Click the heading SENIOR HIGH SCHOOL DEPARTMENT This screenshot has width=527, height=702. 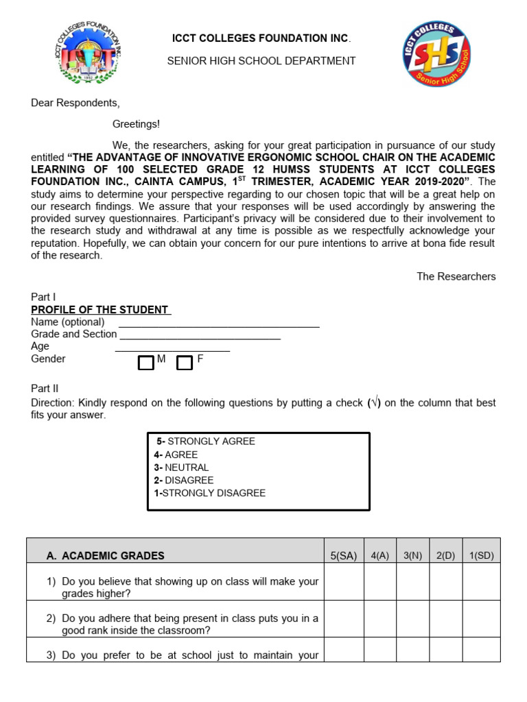261,61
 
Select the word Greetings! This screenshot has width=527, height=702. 136,124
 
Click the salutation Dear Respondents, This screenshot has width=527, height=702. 75,104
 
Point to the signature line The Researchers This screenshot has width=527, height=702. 456,276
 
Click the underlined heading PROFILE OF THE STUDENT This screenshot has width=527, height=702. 100,310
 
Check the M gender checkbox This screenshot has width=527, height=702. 145,363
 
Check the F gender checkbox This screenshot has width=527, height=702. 184,363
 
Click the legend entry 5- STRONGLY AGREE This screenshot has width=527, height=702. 205,441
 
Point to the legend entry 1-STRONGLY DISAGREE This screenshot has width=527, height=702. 209,493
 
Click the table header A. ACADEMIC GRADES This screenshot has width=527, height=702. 113,556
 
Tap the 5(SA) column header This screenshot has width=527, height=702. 343,556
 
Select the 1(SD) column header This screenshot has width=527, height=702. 480,556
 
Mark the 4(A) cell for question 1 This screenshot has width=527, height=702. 379,582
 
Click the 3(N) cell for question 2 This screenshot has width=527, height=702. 412,619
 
